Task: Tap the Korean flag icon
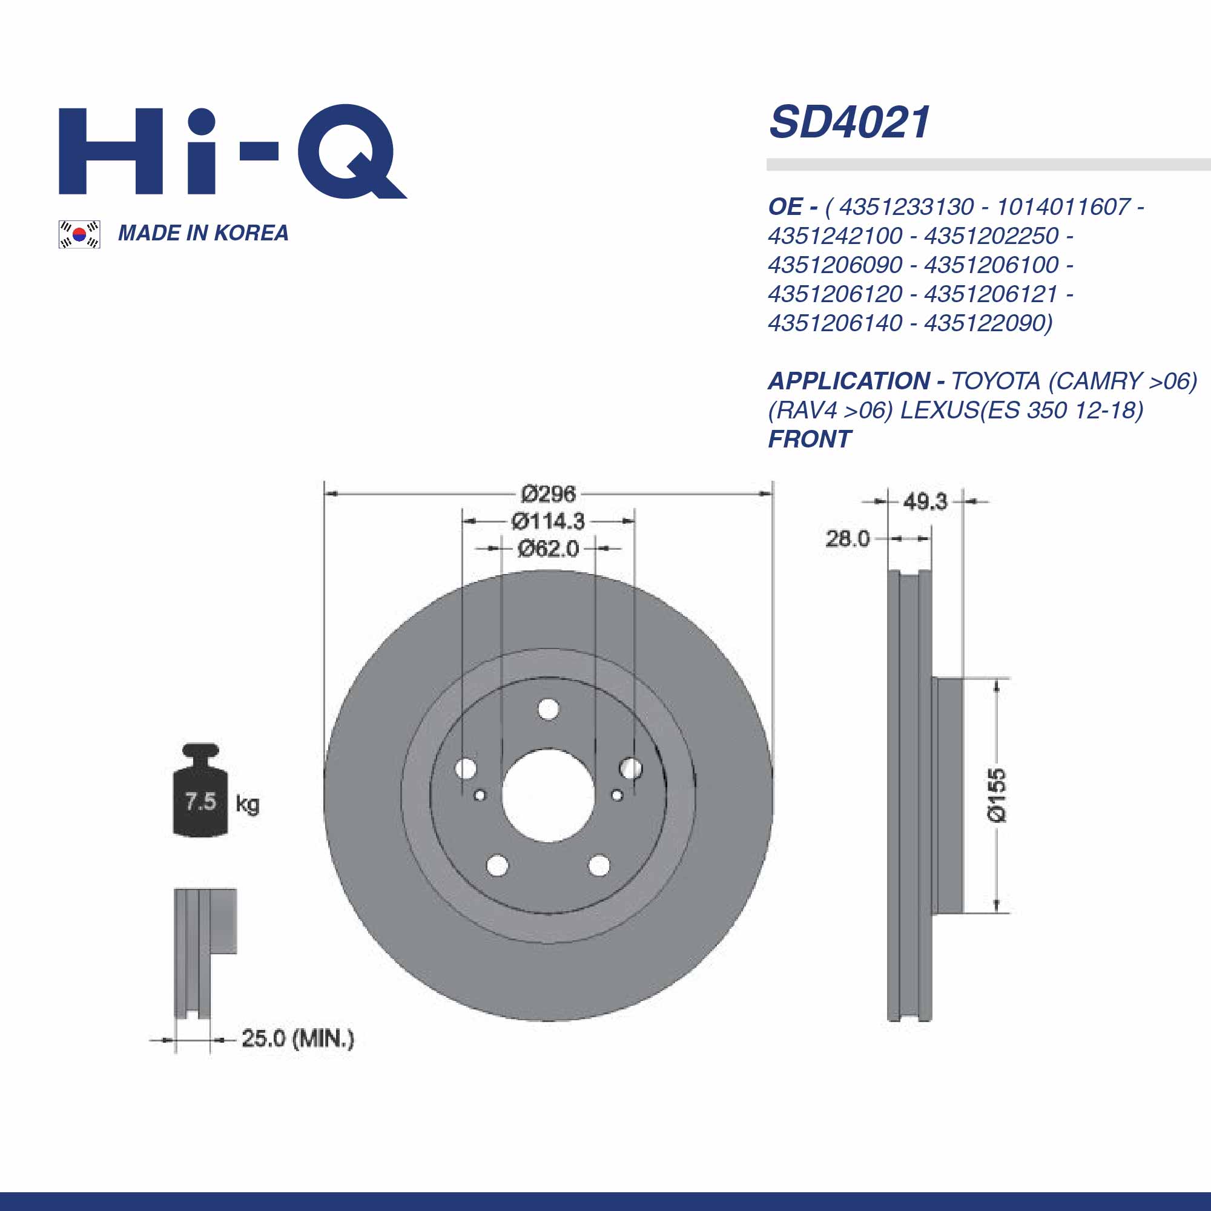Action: tap(79, 234)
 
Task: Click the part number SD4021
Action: tap(850, 122)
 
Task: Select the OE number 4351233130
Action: tap(906, 207)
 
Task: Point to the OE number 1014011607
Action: tap(1063, 207)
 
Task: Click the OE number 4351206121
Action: tap(991, 294)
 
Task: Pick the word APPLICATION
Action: tap(848, 381)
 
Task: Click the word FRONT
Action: tap(809, 440)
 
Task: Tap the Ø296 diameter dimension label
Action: tap(548, 494)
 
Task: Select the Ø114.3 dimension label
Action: tap(548, 521)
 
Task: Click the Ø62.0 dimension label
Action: tap(548, 549)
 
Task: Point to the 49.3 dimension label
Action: tap(925, 501)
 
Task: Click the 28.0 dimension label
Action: tap(847, 538)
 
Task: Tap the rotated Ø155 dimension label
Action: tap(996, 795)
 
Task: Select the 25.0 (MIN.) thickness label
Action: tap(298, 1038)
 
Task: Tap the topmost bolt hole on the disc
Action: tap(549, 710)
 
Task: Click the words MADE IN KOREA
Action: tap(203, 233)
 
